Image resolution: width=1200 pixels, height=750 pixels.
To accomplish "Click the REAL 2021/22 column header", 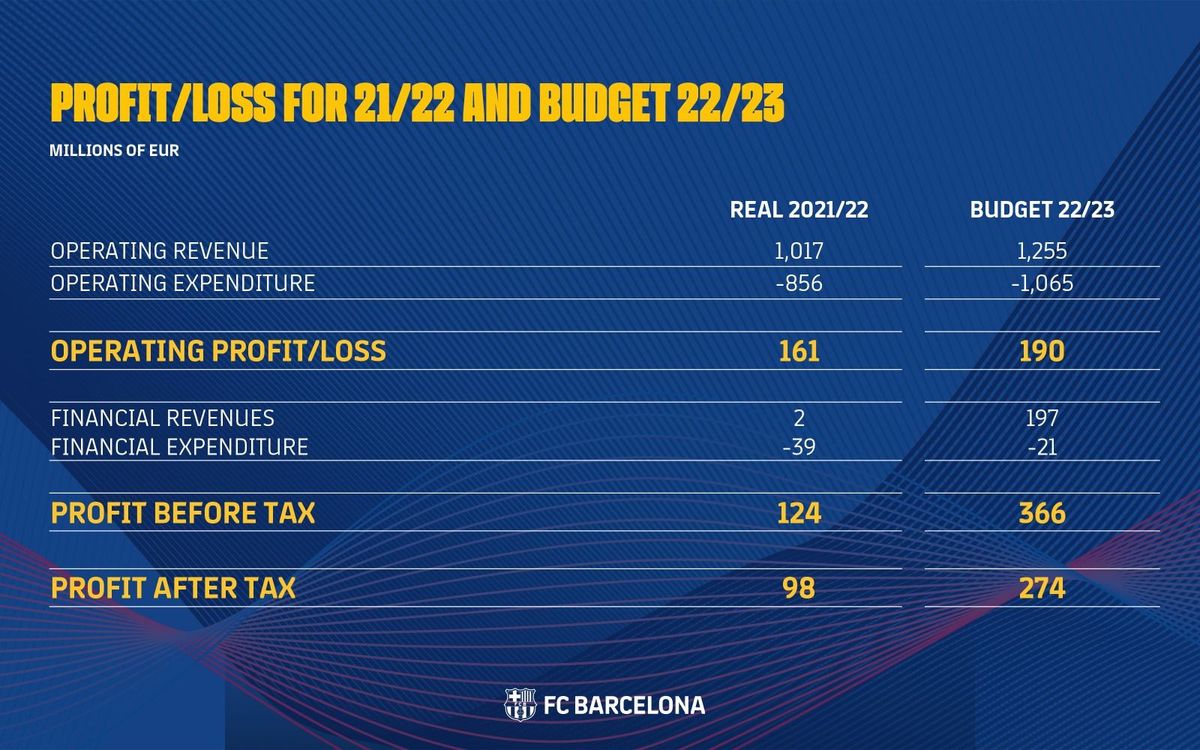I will tap(798, 210).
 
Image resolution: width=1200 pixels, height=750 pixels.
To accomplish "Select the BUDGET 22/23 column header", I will tap(1042, 210).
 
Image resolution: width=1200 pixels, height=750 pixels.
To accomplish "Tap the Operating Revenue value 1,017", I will tap(798, 251).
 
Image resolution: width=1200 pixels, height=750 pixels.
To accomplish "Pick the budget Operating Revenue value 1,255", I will tap(1042, 251).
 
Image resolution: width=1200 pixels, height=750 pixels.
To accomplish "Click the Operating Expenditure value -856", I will tap(798, 283).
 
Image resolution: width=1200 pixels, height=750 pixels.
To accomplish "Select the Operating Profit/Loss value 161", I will tap(798, 351).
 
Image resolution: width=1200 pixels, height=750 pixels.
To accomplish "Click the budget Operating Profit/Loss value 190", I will tap(1042, 351).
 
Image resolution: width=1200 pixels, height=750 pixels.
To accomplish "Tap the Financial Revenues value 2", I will tap(799, 417).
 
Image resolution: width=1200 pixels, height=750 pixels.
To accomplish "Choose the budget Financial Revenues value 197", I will tap(1042, 417).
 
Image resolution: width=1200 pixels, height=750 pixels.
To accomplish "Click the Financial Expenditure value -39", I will tap(797, 447).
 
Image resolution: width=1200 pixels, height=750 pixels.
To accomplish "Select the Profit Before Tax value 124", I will tap(798, 513).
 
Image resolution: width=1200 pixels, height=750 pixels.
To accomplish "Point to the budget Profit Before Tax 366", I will tap(1042, 513).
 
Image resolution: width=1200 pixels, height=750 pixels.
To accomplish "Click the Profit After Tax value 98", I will tap(798, 588).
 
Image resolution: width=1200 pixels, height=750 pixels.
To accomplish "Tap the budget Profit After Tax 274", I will tap(1042, 588).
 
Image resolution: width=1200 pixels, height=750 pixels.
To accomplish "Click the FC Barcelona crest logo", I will tap(520, 704).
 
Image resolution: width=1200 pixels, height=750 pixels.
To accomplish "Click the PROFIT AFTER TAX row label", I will tap(173, 588).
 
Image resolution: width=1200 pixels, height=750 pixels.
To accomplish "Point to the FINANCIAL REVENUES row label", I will tap(162, 417).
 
